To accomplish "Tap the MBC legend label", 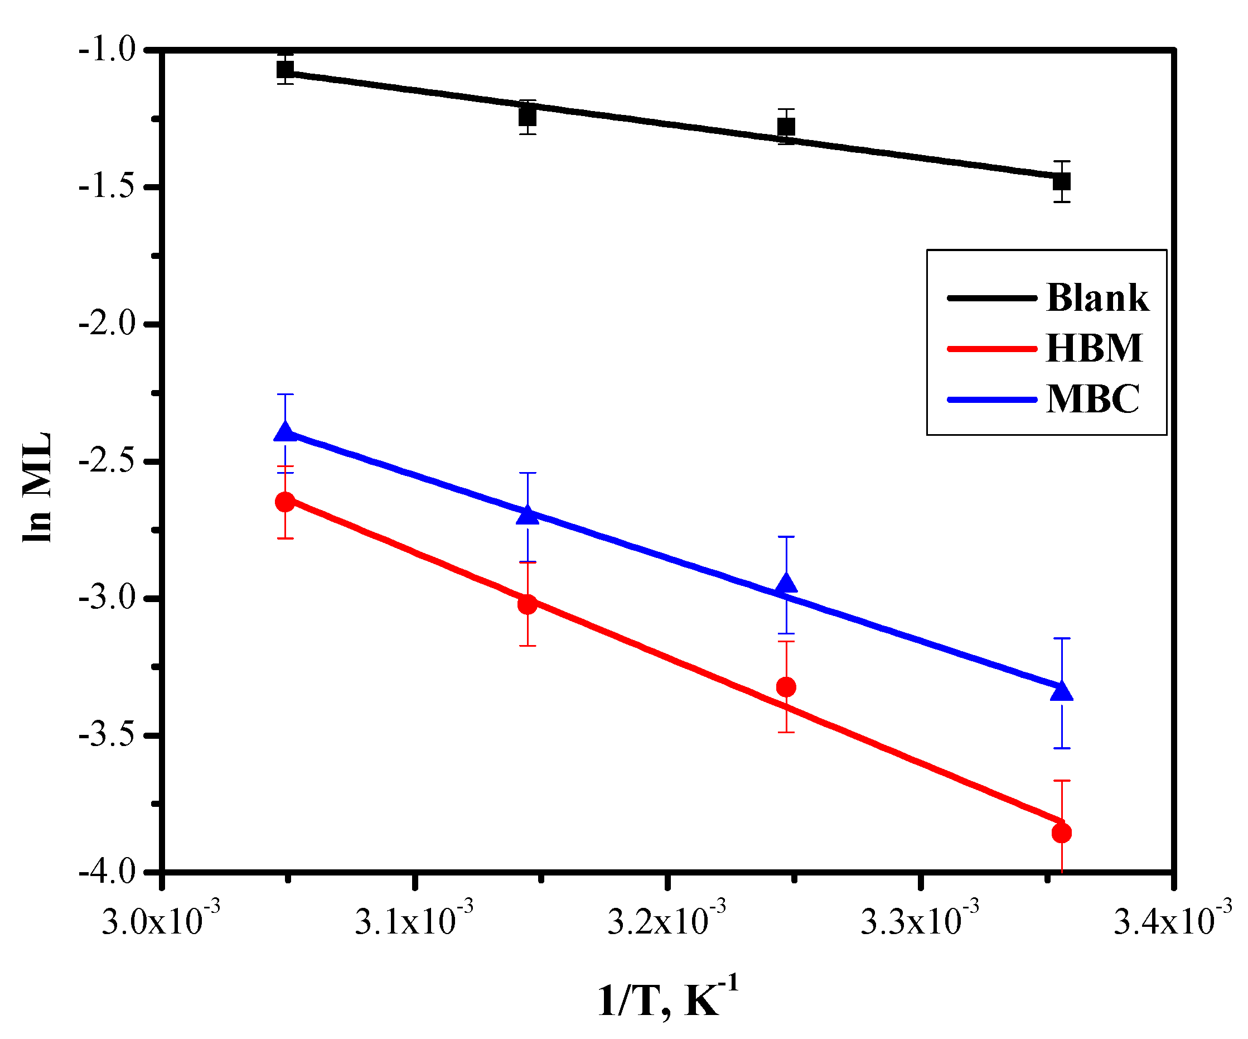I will tap(1092, 398).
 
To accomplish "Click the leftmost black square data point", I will tap(286, 70).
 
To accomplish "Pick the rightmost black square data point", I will tap(1061, 181).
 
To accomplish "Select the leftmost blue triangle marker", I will tap(286, 432).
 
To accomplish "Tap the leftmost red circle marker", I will tap(286, 502).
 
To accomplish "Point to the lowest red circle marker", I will tap(1061, 833).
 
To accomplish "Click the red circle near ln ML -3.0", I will tap(527, 605).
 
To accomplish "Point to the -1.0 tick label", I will tap(107, 49).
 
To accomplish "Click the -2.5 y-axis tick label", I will tap(107, 461).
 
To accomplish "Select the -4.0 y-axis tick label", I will tap(107, 872).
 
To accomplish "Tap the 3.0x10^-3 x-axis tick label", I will tap(161, 922).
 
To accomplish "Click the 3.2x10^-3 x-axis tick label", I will tap(666, 922).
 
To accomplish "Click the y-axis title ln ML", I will tap(37, 488).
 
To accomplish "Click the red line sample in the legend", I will tap(992, 349).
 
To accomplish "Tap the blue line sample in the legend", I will tap(992, 399).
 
